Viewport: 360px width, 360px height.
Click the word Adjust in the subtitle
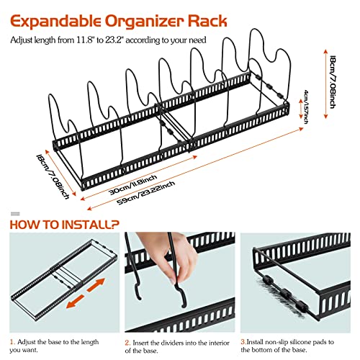tap(23, 40)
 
